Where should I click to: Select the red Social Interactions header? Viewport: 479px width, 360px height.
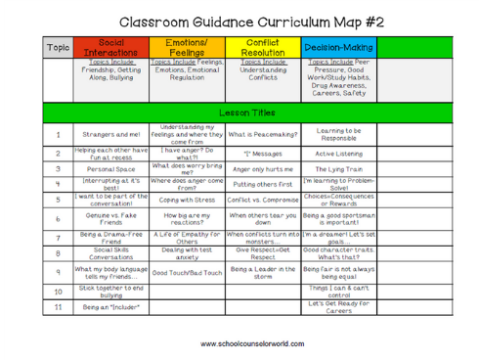109,46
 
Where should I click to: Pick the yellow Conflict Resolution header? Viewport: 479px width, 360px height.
262,46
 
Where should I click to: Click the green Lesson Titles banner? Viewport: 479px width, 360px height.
239,112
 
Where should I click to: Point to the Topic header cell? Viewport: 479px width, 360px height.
58,46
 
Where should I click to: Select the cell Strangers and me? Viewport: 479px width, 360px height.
109,134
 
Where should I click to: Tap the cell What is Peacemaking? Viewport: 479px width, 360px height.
262,134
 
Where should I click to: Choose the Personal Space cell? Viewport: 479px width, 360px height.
109,168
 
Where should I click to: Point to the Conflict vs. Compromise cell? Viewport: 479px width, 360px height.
262,199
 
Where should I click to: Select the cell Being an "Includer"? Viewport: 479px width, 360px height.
109,307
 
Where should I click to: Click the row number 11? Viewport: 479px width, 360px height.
58,307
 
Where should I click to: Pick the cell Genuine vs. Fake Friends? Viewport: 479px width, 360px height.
109,218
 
